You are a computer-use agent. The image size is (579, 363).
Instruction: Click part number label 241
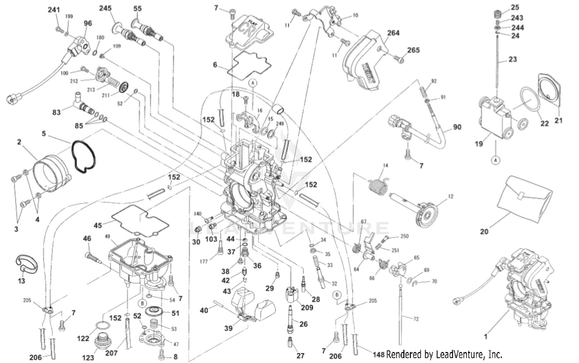point(54,10)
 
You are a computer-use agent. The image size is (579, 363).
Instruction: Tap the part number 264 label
point(393,33)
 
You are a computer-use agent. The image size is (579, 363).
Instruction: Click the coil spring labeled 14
point(378,186)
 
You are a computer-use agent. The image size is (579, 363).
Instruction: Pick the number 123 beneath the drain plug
point(88,358)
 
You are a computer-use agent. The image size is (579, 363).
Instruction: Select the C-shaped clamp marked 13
point(27,263)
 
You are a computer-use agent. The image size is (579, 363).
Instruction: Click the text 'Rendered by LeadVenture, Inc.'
point(444,354)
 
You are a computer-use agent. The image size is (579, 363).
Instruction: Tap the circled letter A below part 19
point(496,160)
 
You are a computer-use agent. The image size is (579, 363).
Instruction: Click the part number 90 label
point(457,127)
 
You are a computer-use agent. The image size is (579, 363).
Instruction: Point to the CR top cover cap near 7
point(249,29)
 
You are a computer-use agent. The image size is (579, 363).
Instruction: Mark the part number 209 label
point(307,307)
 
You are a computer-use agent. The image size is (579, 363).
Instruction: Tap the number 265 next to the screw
point(413,50)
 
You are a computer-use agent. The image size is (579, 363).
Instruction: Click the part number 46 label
point(87,239)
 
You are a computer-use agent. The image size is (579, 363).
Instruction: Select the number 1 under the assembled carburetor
point(486,336)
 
